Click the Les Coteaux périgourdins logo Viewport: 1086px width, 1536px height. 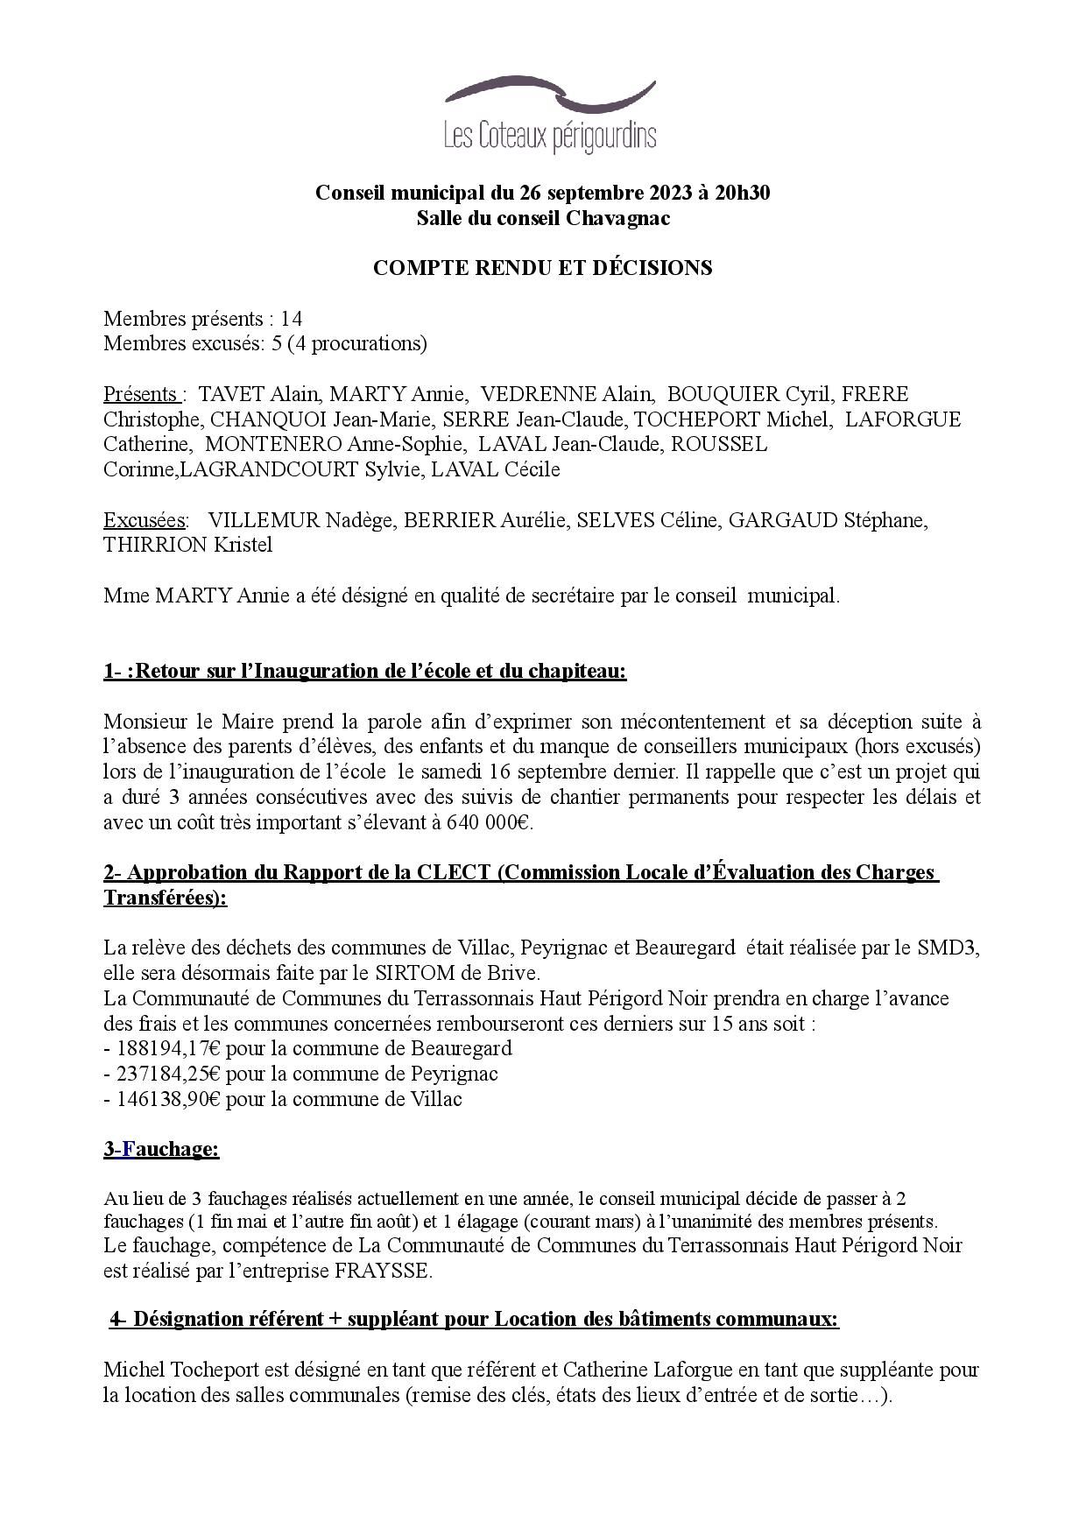point(550,116)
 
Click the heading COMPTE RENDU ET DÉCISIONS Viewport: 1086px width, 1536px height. point(542,268)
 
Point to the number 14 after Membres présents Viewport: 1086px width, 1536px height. point(292,318)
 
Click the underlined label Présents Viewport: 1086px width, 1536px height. point(142,394)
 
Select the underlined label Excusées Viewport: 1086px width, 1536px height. point(145,520)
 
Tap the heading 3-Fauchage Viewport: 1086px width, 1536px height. point(161,1149)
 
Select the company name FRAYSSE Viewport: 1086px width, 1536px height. point(383,1271)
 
